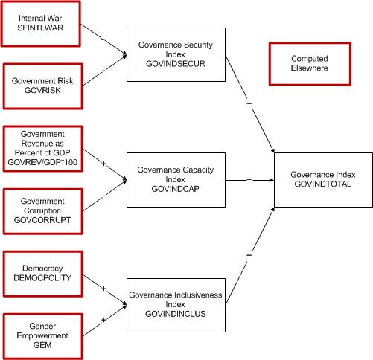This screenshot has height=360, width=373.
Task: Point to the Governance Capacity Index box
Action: (175, 179)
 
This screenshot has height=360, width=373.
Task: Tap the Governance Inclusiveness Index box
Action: (175, 301)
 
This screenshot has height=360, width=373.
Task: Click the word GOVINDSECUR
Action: (175, 63)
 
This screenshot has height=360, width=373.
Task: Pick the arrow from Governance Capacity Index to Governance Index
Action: (249, 179)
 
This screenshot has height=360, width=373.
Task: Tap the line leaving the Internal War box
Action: (101, 40)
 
